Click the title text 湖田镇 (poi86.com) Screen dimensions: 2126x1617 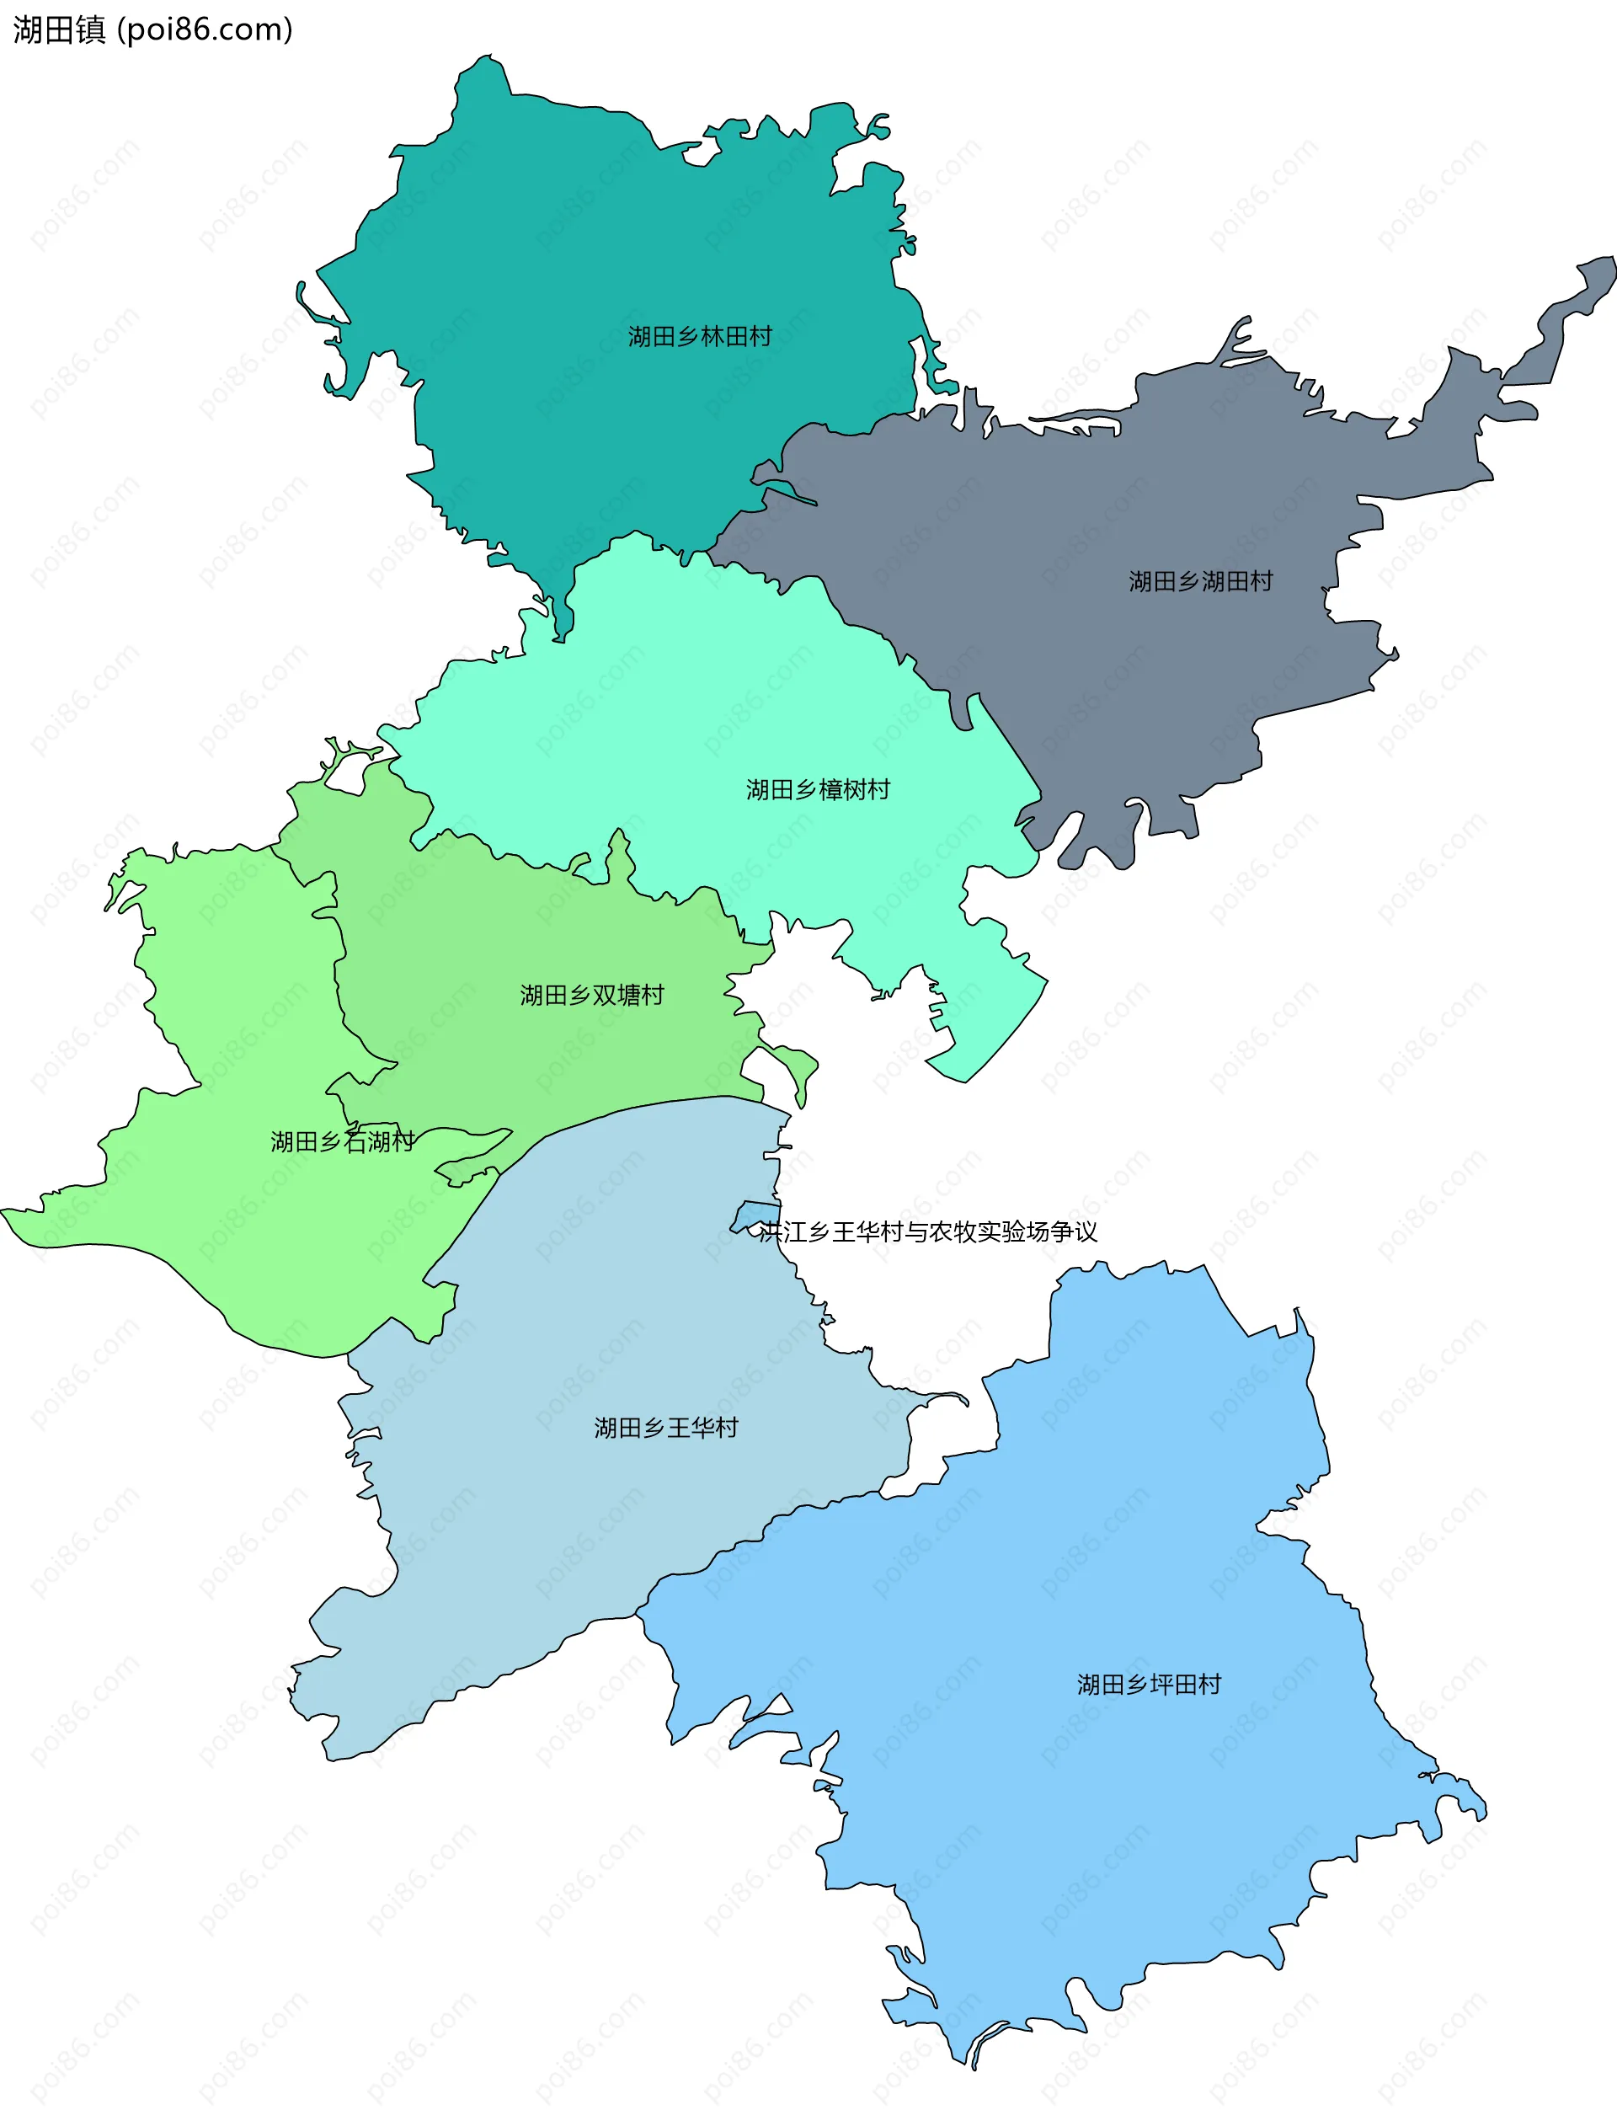152,29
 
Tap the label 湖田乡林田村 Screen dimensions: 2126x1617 700,336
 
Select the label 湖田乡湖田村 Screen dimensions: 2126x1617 1200,581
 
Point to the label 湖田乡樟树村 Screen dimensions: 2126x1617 817,790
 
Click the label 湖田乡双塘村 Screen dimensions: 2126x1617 592,994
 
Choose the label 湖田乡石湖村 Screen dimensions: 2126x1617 342,1141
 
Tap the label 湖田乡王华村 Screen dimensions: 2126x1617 666,1427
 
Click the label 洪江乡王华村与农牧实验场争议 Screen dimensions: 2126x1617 928,1232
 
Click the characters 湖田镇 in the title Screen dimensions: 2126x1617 59,29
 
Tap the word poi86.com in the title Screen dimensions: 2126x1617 204,29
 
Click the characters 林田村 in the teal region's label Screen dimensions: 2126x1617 736,336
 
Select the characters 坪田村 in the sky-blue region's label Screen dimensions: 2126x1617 1185,1685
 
